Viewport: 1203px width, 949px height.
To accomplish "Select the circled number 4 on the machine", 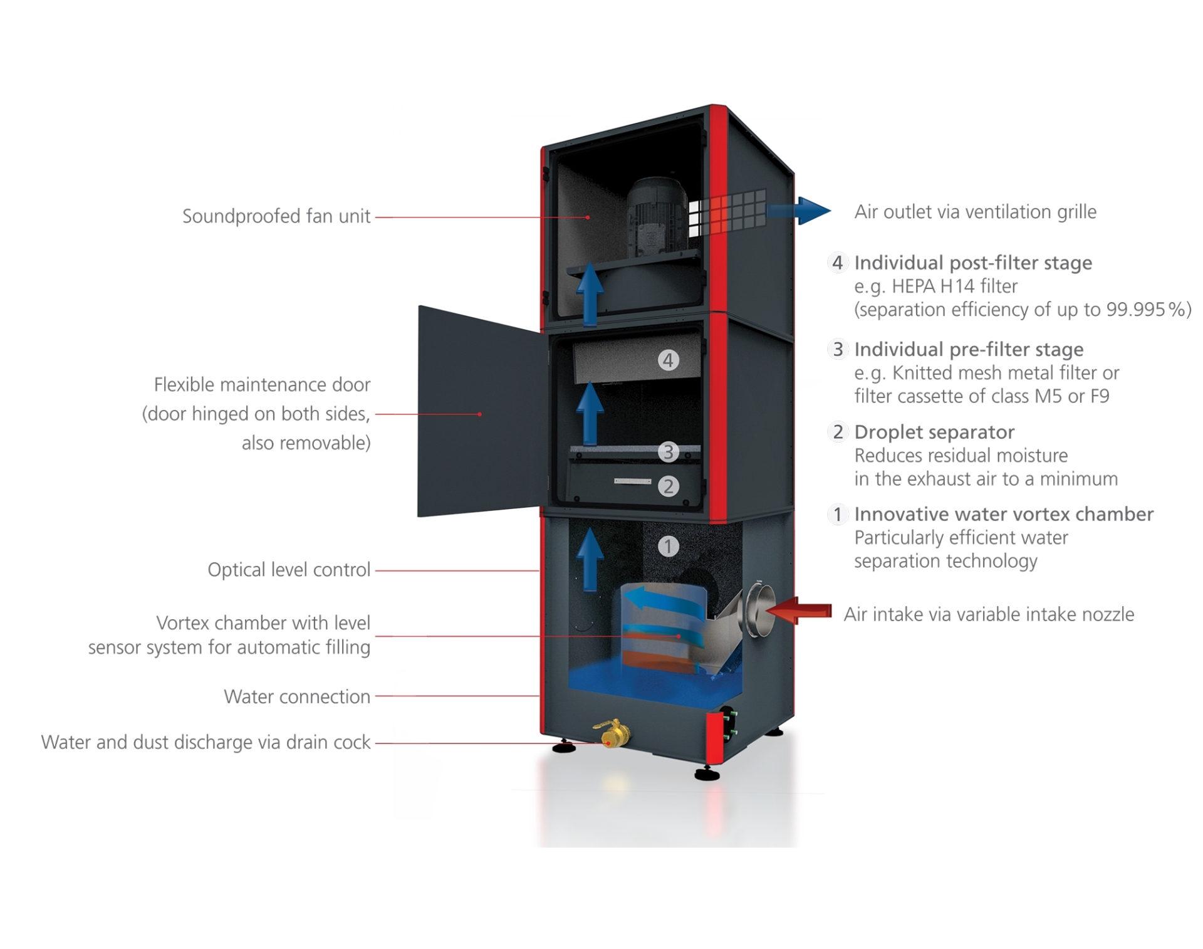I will pos(669,360).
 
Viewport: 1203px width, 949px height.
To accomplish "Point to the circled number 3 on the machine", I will pos(669,451).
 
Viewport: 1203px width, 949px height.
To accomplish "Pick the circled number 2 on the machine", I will pos(669,486).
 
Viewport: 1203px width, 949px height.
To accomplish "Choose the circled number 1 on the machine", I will pos(669,546).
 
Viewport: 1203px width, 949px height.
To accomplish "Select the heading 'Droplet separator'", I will pos(934,432).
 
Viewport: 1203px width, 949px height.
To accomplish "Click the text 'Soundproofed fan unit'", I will pos(276,216).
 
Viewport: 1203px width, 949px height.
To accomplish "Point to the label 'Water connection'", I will pos(297,696).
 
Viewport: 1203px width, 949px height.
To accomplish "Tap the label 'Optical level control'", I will pos(289,570).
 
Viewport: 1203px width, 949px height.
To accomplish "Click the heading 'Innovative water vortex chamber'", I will pos(1004,514).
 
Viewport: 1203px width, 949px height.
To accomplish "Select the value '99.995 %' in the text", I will pos(1145,310).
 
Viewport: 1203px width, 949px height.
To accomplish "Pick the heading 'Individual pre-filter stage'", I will pos(969,349).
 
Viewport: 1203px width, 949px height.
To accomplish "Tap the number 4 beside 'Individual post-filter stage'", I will pos(838,263).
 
